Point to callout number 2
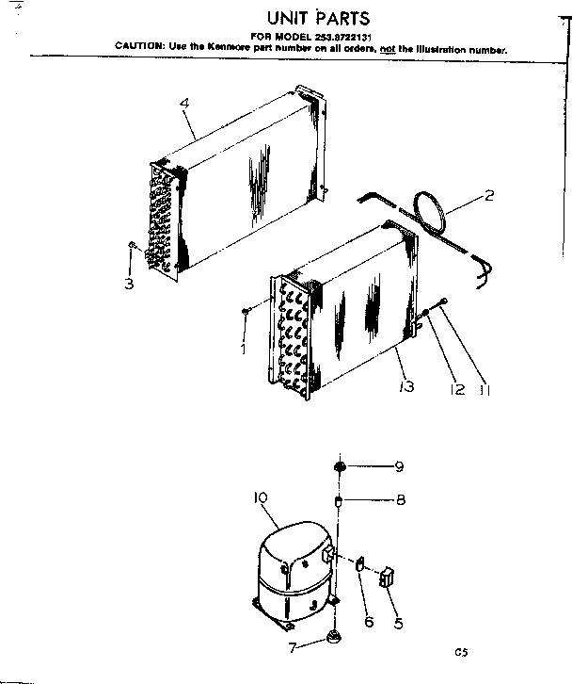tap(488, 196)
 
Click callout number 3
tap(130, 283)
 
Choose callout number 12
tap(458, 388)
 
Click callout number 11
tap(485, 388)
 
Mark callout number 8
tap(399, 499)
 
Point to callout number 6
tap(369, 621)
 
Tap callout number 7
tap(293, 647)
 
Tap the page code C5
tap(460, 650)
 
